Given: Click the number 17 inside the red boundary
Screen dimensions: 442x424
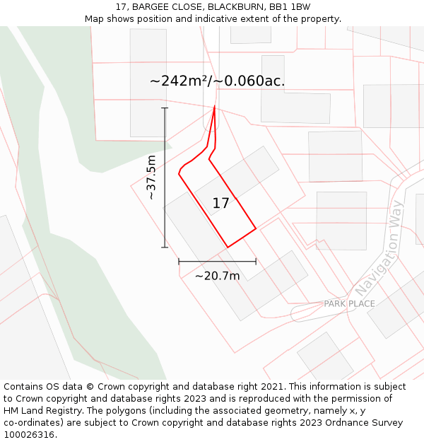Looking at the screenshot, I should pyautogui.click(x=220, y=204).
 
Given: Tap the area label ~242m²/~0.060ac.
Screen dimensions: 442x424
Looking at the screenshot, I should pyautogui.click(x=217, y=81).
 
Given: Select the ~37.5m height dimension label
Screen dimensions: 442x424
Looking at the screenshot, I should pyautogui.click(x=151, y=177).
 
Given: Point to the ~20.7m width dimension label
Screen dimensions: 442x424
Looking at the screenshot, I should pyautogui.click(x=217, y=276).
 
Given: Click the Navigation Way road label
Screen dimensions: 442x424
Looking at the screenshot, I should pyautogui.click(x=379, y=248).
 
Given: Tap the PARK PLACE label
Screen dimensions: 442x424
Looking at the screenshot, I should pyautogui.click(x=349, y=304).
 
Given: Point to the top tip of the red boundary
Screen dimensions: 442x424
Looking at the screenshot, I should pyautogui.click(x=214, y=107).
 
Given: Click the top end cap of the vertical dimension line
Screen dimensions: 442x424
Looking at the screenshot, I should pyautogui.click(x=165, y=108).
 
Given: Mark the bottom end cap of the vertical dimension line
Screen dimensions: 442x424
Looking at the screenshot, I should pyautogui.click(x=165, y=248).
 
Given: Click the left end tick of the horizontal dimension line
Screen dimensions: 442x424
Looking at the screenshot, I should pyautogui.click(x=179, y=262).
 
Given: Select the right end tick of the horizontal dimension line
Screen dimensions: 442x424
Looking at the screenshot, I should pyautogui.click(x=256, y=262).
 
